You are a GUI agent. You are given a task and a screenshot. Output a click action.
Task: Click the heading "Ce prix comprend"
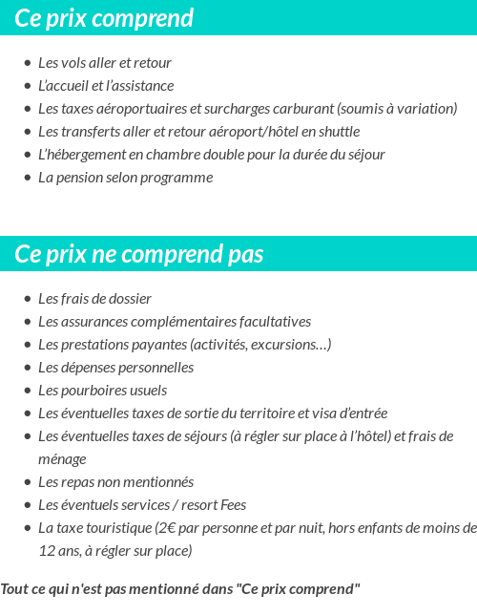104,18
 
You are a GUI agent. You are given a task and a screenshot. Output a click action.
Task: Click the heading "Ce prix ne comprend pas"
139,254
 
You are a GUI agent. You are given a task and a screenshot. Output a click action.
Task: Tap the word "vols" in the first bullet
73,63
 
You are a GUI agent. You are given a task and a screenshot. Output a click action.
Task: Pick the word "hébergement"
90,155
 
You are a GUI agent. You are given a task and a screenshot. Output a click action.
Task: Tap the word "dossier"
128,299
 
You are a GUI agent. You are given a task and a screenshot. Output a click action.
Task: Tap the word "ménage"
62,459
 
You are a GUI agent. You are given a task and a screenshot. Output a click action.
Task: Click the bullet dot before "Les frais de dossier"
28,299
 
